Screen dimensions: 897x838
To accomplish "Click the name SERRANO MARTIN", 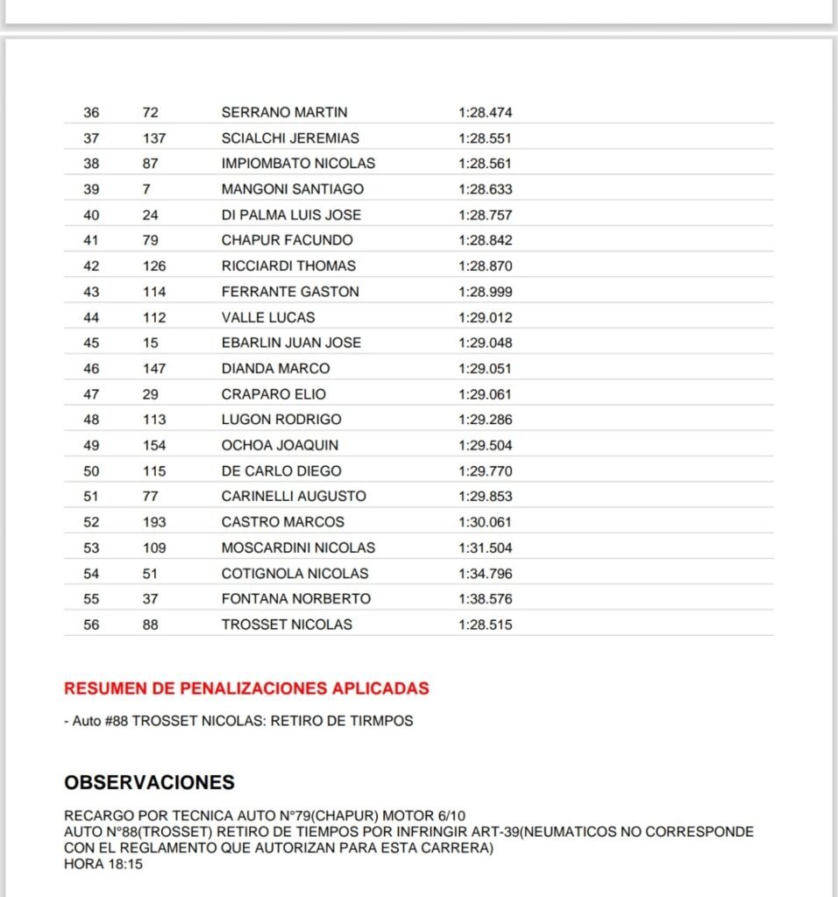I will [284, 112].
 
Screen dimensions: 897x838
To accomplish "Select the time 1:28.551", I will [485, 138].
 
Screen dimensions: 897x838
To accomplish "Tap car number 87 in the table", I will [150, 163].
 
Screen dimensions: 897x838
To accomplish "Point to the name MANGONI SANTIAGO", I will [292, 189].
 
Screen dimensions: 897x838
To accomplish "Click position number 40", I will [91, 215].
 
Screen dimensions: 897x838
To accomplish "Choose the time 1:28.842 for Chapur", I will [485, 240].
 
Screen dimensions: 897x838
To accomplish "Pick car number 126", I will [154, 265].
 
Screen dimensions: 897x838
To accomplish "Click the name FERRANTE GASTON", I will [290, 292].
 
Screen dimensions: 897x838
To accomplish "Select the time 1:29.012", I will [485, 317].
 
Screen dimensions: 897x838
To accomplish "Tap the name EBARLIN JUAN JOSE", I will [291, 343].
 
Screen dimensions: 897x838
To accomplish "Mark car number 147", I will [154, 368].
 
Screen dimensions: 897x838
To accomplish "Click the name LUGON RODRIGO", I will [281, 420].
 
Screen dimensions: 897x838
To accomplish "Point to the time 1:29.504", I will [485, 445].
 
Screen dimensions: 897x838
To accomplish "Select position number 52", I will [91, 522].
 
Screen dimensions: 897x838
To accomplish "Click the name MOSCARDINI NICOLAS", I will [298, 547].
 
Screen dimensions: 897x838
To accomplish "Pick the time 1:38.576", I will [485, 599].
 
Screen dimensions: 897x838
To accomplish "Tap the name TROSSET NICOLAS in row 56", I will [287, 625].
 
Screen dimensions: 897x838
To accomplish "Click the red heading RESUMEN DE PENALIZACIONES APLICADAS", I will [246, 689].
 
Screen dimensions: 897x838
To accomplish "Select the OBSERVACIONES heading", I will [149, 782].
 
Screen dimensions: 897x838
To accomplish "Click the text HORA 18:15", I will [103, 865].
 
